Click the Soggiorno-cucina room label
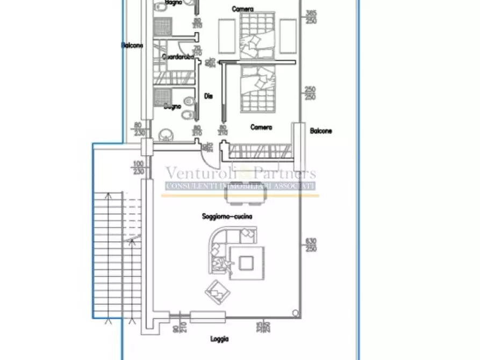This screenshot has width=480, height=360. pos(227,217)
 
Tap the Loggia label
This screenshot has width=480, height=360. pos(219,339)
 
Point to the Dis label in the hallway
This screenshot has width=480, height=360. pos(209,96)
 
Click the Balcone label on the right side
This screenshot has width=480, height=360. pos(321,131)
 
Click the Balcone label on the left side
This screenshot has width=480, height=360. pos(132,46)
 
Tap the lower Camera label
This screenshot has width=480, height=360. pos(261,127)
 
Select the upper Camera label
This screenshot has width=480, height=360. pos(243,9)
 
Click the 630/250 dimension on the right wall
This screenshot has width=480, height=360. pos(311,245)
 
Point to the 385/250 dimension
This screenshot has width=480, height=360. pos(311,17)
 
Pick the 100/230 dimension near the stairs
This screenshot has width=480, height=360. pos(139,168)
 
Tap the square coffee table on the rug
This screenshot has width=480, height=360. pos(247,263)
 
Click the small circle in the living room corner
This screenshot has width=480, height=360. pos(295,313)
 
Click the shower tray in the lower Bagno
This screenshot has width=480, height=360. pos(162,97)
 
